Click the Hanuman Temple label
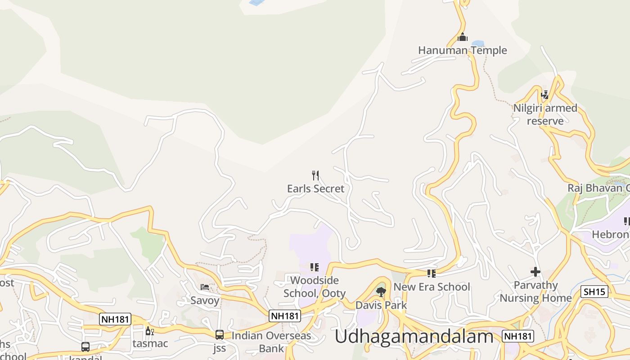click(462, 50)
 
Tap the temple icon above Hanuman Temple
click(462, 37)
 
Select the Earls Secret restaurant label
click(315, 189)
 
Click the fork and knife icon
click(315, 175)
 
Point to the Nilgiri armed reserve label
click(545, 114)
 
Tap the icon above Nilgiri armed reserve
click(545, 95)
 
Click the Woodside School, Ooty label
click(315, 287)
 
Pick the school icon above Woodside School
click(315, 267)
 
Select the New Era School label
click(432, 287)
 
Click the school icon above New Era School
click(432, 273)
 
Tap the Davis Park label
click(381, 305)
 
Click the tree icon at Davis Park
click(381, 292)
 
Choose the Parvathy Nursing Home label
click(535, 292)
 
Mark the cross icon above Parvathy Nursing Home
click(535, 272)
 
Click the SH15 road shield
click(594, 292)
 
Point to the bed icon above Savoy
click(205, 287)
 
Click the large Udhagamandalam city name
click(414, 337)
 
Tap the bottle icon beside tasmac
click(149, 331)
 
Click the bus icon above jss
click(220, 335)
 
